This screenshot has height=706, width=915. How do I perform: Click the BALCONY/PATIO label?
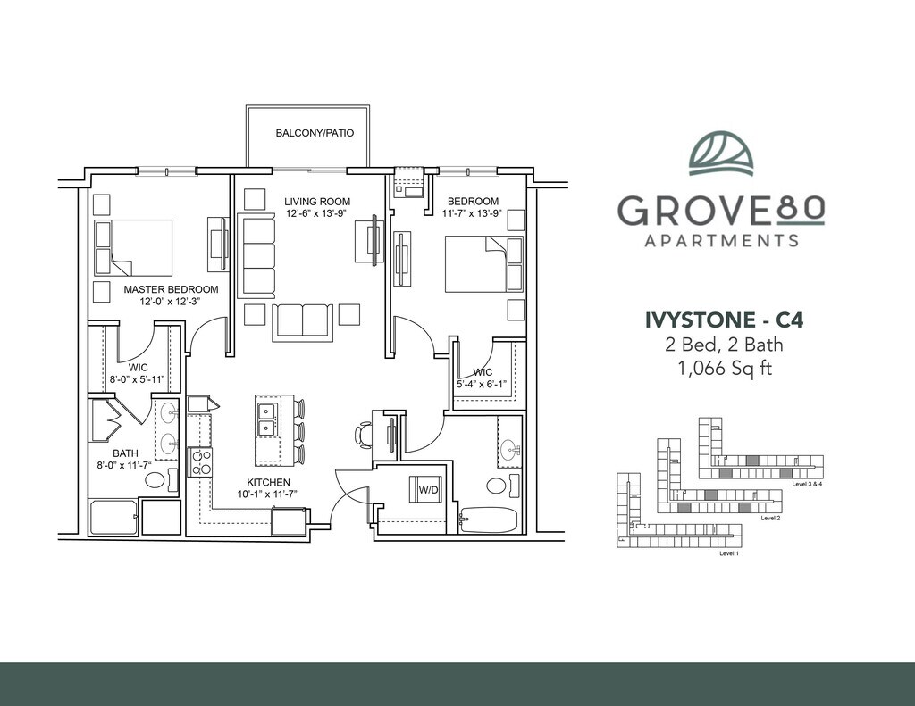(315, 133)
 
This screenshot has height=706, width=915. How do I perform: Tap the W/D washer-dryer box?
(428, 490)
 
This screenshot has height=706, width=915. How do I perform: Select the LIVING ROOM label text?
(317, 202)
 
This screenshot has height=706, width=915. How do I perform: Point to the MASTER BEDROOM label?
(171, 289)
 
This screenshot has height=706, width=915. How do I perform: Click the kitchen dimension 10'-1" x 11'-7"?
(268, 494)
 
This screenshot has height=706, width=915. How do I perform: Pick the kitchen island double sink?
(267, 419)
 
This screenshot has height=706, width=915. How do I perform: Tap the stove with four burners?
(199, 462)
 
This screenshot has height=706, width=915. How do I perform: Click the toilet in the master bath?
(162, 480)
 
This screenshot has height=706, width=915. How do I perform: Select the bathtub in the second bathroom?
(489, 519)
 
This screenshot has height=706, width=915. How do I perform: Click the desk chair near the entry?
(363, 436)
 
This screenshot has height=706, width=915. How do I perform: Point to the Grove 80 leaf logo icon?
(721, 154)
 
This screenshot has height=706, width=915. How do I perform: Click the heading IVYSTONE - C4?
(724, 320)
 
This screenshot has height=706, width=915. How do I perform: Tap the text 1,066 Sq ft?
(724, 369)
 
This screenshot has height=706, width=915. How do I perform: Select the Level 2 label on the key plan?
(771, 518)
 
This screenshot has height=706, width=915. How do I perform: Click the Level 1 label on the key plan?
(729, 553)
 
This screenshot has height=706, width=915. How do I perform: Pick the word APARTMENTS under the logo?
(721, 240)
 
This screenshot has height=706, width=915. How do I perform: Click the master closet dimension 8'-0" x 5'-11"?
(137, 379)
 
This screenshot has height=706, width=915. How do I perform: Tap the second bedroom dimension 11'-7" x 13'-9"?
(472, 213)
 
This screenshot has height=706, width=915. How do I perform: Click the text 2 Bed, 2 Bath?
(724, 345)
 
